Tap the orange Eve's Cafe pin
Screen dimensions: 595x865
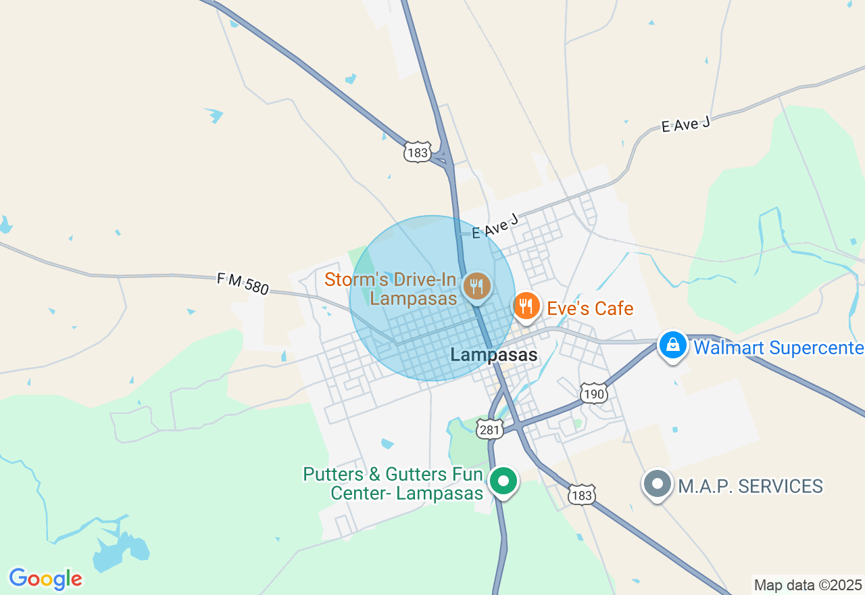tap(526, 306)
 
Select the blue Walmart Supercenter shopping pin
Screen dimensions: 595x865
tap(673, 346)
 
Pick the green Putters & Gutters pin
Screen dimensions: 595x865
tap(503, 481)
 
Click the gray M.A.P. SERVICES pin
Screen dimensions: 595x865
tap(657, 484)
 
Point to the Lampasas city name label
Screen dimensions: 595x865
tap(494, 355)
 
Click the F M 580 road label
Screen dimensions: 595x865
tap(243, 284)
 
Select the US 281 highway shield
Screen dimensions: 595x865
tap(489, 429)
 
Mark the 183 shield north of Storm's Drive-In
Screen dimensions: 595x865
tap(418, 153)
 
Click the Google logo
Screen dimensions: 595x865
tap(45, 579)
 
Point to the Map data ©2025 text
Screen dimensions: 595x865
tap(808, 585)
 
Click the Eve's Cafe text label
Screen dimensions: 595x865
tap(590, 309)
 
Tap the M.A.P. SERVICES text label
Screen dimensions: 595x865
tap(750, 486)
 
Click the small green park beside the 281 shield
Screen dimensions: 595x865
tap(462, 444)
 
